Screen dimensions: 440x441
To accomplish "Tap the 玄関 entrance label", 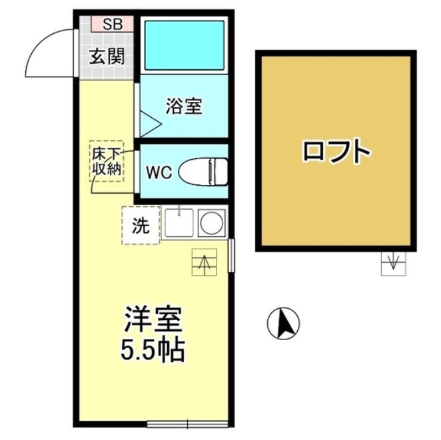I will pos(107,56).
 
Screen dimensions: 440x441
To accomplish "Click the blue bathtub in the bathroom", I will pos(184,46).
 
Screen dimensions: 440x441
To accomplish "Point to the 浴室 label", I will pos(184,107).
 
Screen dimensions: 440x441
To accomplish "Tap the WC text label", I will pos(159,172).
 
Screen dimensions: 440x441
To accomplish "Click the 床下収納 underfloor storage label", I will pos(107,161).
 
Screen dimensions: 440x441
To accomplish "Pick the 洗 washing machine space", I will pos(140,226).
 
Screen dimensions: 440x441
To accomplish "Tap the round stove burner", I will pos(213,222).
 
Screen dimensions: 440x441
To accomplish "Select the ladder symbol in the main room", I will pos(203,262).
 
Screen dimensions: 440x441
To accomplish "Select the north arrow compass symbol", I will pos(283,324).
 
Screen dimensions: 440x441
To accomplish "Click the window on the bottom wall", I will pos(188,422).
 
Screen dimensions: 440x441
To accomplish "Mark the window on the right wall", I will pos(231,254).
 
